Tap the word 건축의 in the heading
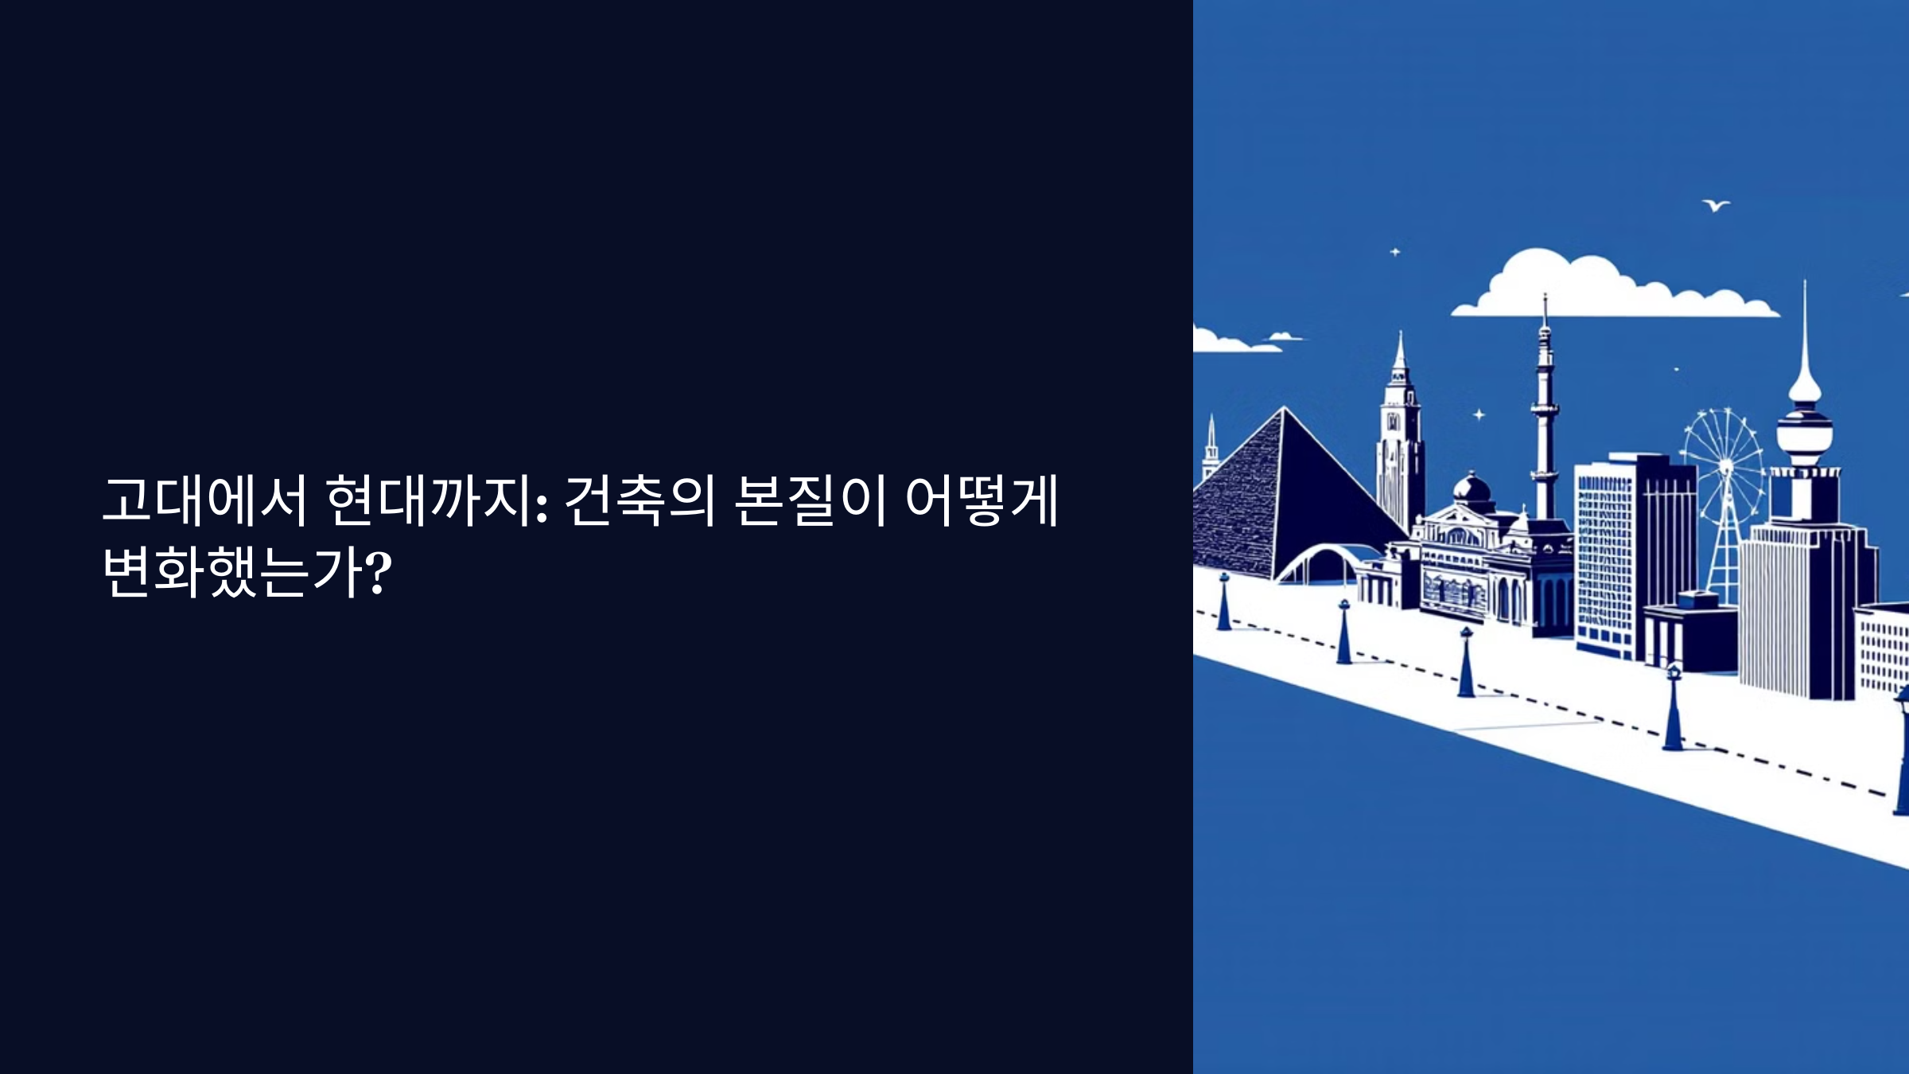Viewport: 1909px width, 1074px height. pos(640,502)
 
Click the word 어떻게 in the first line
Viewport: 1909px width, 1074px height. pos(981,502)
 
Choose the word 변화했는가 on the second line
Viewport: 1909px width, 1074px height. pos(233,572)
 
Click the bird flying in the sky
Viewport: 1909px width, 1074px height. pos(1716,206)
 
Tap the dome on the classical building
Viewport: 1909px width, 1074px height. pos(1472,486)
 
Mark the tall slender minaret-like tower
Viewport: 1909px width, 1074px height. pos(1544,414)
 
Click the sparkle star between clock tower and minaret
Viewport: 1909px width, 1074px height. pos(1479,414)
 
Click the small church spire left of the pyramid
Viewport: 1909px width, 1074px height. pos(1211,449)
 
